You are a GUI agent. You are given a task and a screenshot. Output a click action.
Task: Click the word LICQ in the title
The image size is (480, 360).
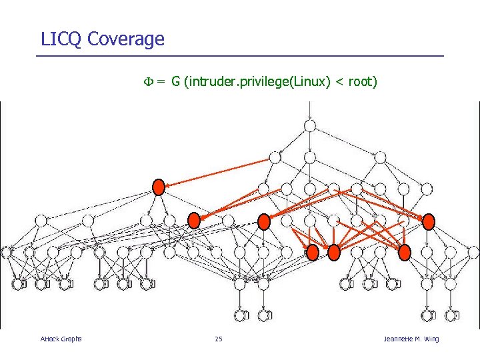coord(61,39)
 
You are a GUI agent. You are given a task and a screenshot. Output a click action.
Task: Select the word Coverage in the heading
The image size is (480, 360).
coord(125,39)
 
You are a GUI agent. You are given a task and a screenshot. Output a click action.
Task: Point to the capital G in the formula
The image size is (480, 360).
coord(175,82)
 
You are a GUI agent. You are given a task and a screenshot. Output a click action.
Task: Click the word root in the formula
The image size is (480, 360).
coord(361,82)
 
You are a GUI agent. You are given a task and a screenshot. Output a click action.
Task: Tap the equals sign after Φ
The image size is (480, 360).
coord(161,82)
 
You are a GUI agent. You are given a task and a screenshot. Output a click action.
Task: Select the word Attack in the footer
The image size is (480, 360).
coord(50,339)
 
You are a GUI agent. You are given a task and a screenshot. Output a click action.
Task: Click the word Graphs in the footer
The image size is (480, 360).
coord(71,339)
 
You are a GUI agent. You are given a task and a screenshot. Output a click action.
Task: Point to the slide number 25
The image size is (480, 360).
coord(219,339)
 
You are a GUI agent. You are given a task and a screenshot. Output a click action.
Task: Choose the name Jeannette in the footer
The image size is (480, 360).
coord(399,339)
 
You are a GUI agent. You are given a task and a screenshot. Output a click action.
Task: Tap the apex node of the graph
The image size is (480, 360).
coord(310,125)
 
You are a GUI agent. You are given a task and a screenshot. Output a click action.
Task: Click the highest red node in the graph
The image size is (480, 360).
coord(159,187)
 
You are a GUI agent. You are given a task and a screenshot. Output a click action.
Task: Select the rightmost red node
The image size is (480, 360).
coord(428,221)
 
